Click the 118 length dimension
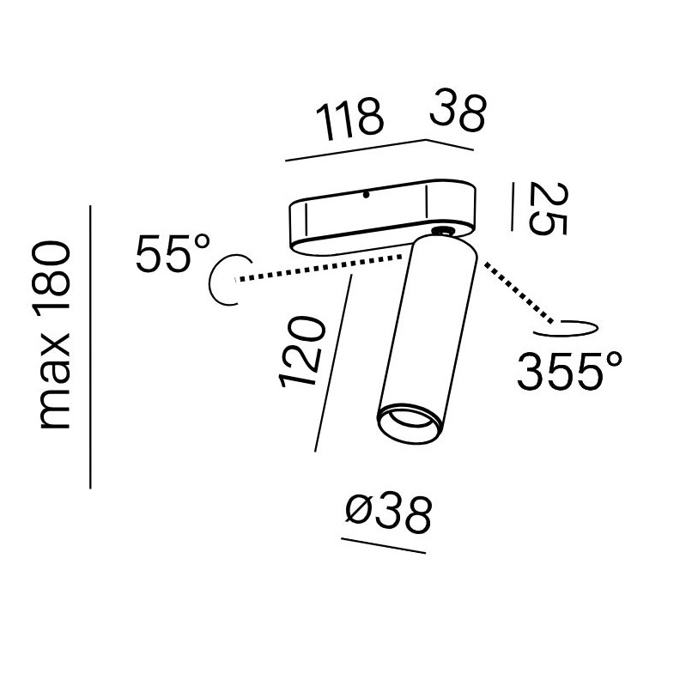[x=349, y=119]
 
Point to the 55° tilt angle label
[x=173, y=253]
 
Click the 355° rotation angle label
[x=569, y=371]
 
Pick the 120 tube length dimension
[x=301, y=353]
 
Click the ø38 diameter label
[x=388, y=514]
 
